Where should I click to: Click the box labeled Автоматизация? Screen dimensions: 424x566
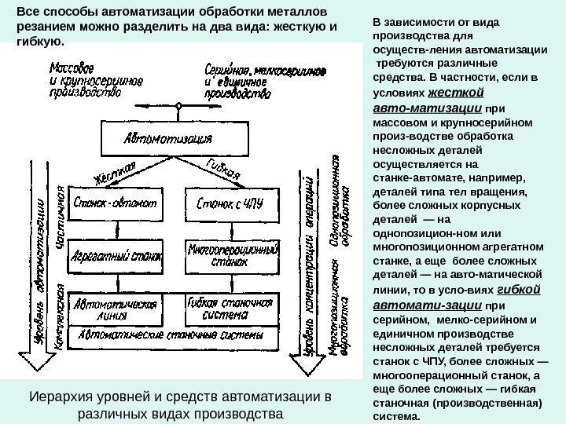tap(168, 139)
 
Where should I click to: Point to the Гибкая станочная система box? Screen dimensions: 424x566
tap(226, 307)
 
